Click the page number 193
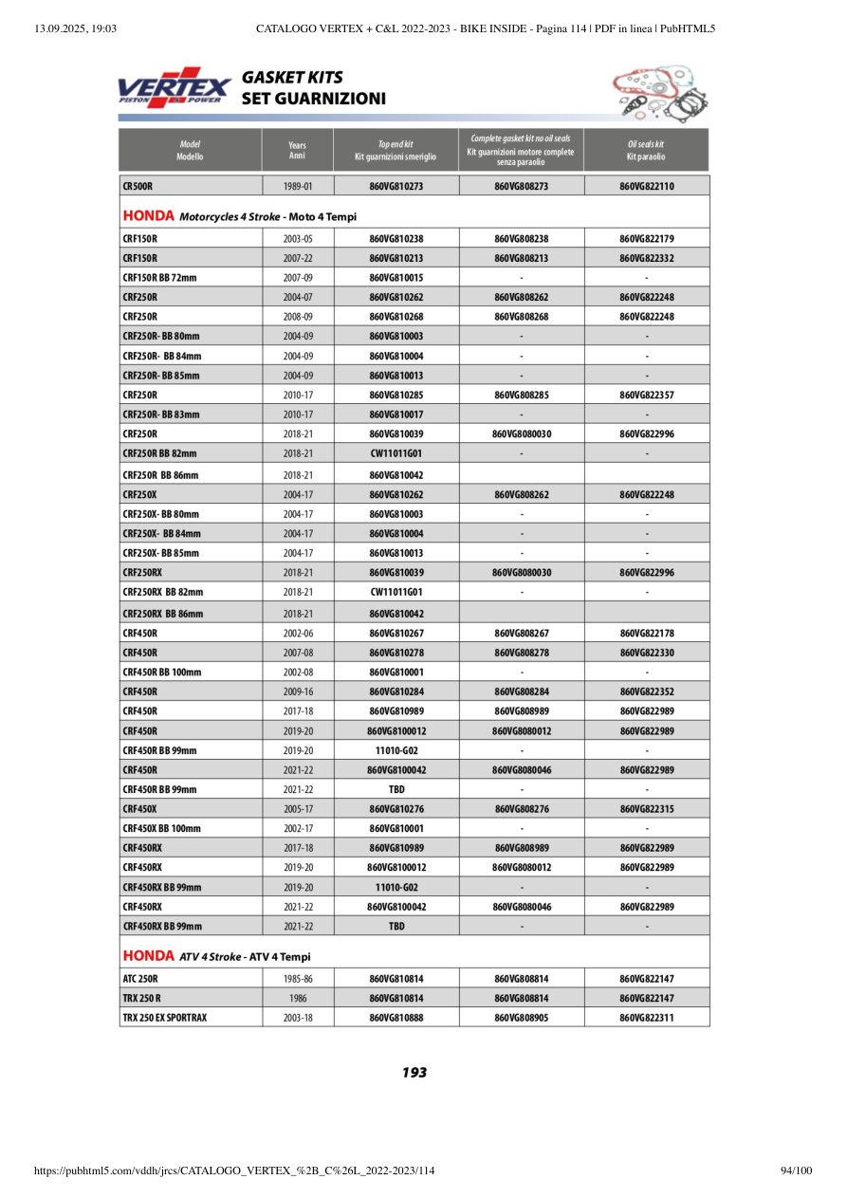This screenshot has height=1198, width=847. click(414, 1073)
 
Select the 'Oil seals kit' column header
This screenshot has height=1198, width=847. click(646, 150)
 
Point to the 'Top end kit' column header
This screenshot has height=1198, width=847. click(396, 150)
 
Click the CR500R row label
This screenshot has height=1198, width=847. click(138, 187)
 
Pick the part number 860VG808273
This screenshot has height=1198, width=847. click(521, 187)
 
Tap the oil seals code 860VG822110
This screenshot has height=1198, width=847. click(646, 187)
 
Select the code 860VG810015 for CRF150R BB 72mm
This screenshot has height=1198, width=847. click(396, 278)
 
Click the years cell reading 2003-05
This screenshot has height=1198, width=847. click(298, 239)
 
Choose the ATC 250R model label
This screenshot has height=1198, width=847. click(140, 979)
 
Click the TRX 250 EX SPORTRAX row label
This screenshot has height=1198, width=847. click(164, 1018)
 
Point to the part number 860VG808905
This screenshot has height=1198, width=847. click(521, 1018)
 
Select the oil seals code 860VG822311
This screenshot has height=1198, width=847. click(646, 1018)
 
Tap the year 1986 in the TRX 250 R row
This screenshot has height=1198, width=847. click(298, 998)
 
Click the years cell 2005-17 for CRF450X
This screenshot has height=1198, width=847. click(298, 809)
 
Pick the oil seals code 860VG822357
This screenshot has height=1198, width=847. click(646, 395)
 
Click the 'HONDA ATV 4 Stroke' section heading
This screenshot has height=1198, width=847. click(216, 956)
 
